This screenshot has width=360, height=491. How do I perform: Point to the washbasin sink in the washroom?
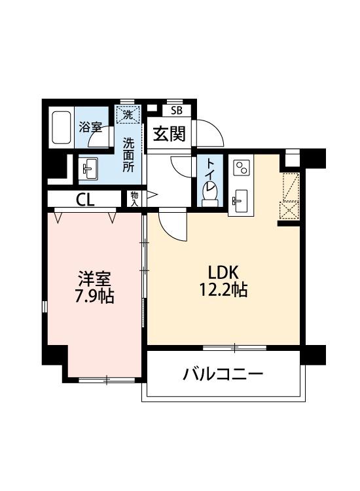click(x=88, y=168)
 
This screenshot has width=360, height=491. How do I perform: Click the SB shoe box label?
click(x=177, y=111)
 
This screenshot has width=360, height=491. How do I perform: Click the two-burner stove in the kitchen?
click(x=241, y=168)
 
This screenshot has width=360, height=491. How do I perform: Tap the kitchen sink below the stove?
click(x=240, y=199)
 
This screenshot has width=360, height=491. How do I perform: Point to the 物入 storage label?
click(x=134, y=198)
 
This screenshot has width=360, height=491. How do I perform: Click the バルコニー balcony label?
click(x=223, y=374)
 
